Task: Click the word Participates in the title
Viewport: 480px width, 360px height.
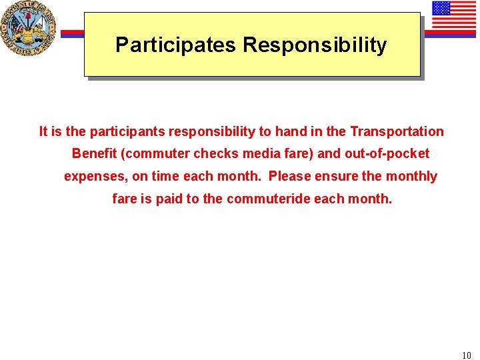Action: coord(175,45)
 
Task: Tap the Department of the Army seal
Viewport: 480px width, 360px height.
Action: coord(28,28)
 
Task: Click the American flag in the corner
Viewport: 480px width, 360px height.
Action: coord(453,16)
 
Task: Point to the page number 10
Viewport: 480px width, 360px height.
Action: coord(465,355)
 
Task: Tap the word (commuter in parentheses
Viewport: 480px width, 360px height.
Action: coord(155,154)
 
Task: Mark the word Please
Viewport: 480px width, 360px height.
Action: coord(290,177)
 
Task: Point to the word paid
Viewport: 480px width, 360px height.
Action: coord(169,199)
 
